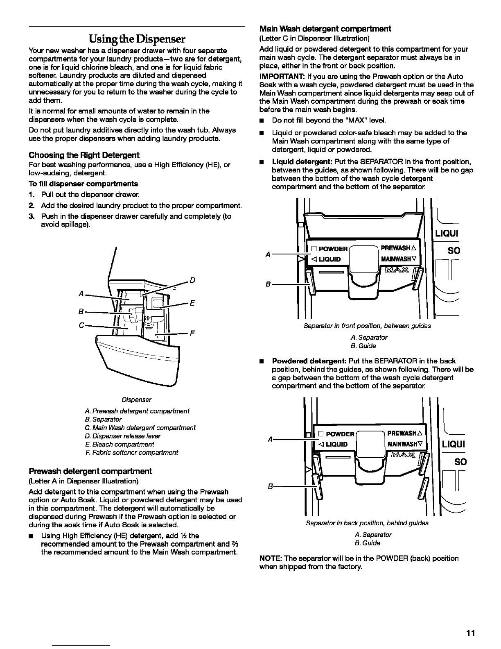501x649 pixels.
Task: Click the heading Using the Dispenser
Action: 137,39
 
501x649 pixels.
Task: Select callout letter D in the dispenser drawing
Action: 192,280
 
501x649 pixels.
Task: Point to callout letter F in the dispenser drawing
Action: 192,333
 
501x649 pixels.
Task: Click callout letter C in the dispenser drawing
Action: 81,325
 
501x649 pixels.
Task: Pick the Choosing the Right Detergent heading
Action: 84,155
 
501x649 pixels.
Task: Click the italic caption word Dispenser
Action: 139,399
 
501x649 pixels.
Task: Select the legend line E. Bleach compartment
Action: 120,444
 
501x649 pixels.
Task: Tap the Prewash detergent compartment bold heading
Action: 90,471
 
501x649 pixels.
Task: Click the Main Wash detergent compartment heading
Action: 325,29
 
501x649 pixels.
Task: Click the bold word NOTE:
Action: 271,558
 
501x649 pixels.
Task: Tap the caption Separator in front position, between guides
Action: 367,326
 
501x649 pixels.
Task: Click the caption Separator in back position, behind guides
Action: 367,523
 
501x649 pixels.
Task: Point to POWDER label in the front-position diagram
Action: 333,249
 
